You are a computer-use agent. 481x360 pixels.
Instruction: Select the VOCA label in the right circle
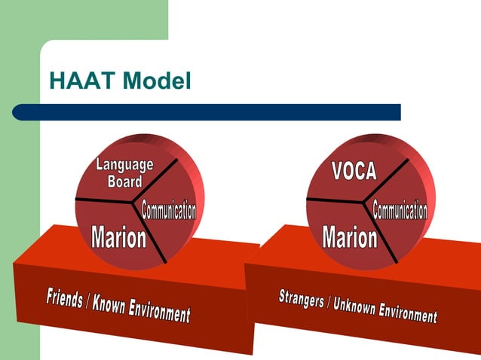coord(354,171)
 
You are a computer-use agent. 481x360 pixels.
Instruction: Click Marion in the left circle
coord(118,238)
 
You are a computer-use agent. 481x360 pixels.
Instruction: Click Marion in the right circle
coord(349,238)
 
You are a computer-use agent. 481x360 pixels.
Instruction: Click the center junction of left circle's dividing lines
coord(136,201)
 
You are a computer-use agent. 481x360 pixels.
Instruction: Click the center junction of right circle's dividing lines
coord(367,201)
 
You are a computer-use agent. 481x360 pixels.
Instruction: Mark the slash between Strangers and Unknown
coord(329,302)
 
